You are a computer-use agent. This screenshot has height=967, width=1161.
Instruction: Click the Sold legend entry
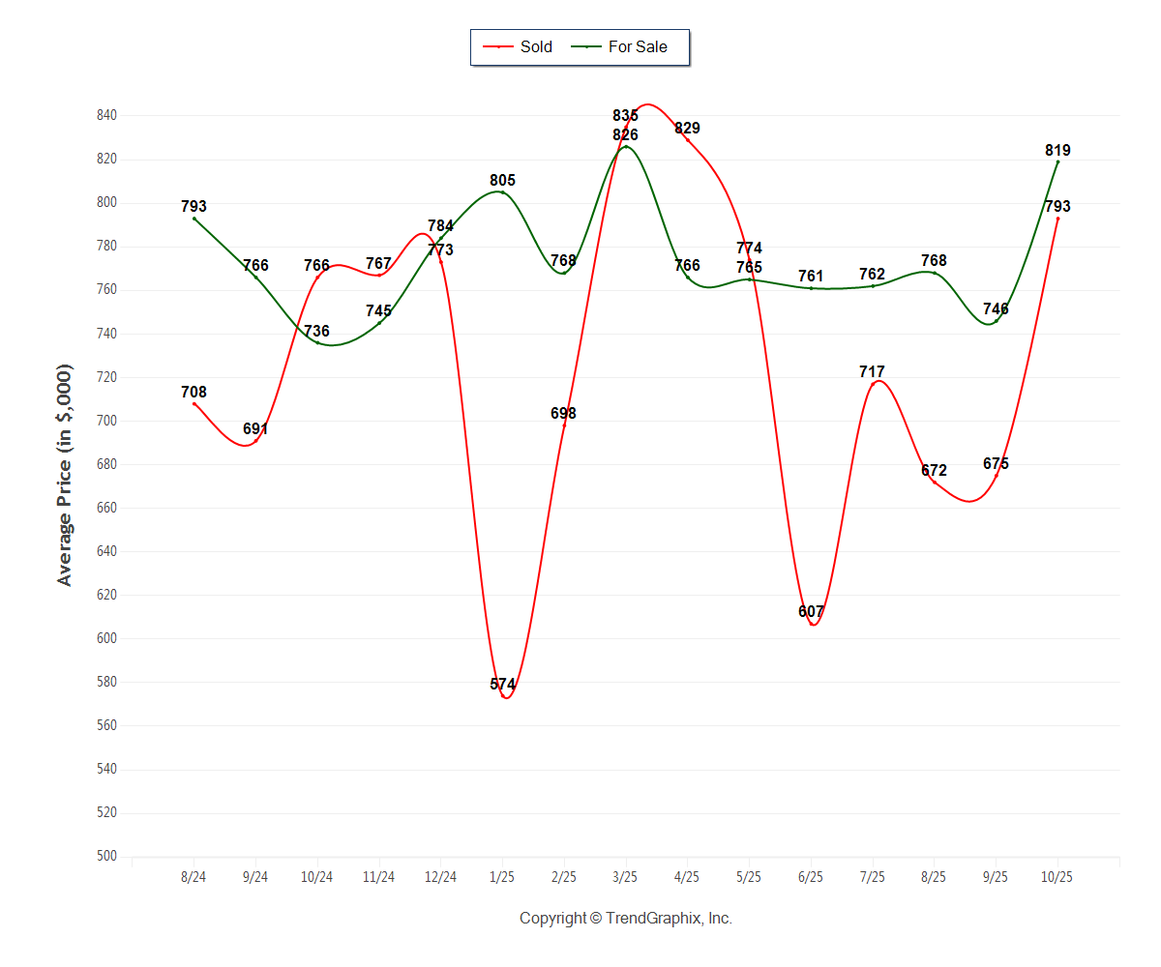[523, 46]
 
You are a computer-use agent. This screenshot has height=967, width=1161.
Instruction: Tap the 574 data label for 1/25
[502, 685]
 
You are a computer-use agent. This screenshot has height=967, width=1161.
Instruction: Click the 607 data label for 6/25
[811, 611]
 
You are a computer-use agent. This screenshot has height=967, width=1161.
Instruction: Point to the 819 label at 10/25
[1057, 150]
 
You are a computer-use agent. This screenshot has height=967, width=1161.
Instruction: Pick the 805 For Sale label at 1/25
[502, 180]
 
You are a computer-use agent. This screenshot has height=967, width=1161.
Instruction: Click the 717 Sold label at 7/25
[872, 371]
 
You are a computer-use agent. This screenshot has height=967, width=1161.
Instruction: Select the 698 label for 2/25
[563, 413]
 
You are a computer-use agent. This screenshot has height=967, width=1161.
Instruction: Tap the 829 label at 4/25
[687, 128]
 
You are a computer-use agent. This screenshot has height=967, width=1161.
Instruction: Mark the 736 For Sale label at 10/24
[316, 331]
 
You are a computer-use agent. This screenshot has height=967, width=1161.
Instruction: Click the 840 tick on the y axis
[106, 115]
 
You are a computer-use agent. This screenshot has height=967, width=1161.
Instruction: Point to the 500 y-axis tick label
[106, 856]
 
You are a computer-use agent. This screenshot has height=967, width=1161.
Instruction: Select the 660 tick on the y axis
[106, 508]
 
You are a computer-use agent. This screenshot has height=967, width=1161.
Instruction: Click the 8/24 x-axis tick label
[193, 877]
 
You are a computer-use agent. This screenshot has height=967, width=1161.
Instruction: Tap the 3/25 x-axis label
[625, 877]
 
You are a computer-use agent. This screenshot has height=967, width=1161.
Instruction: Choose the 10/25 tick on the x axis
[1057, 877]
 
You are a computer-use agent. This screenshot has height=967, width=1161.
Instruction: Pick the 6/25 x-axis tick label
[811, 877]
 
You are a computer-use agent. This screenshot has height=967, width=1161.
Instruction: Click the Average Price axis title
[65, 475]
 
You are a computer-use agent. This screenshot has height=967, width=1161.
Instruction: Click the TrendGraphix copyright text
[625, 918]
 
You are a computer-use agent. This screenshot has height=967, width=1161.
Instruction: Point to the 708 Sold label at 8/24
[193, 392]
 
